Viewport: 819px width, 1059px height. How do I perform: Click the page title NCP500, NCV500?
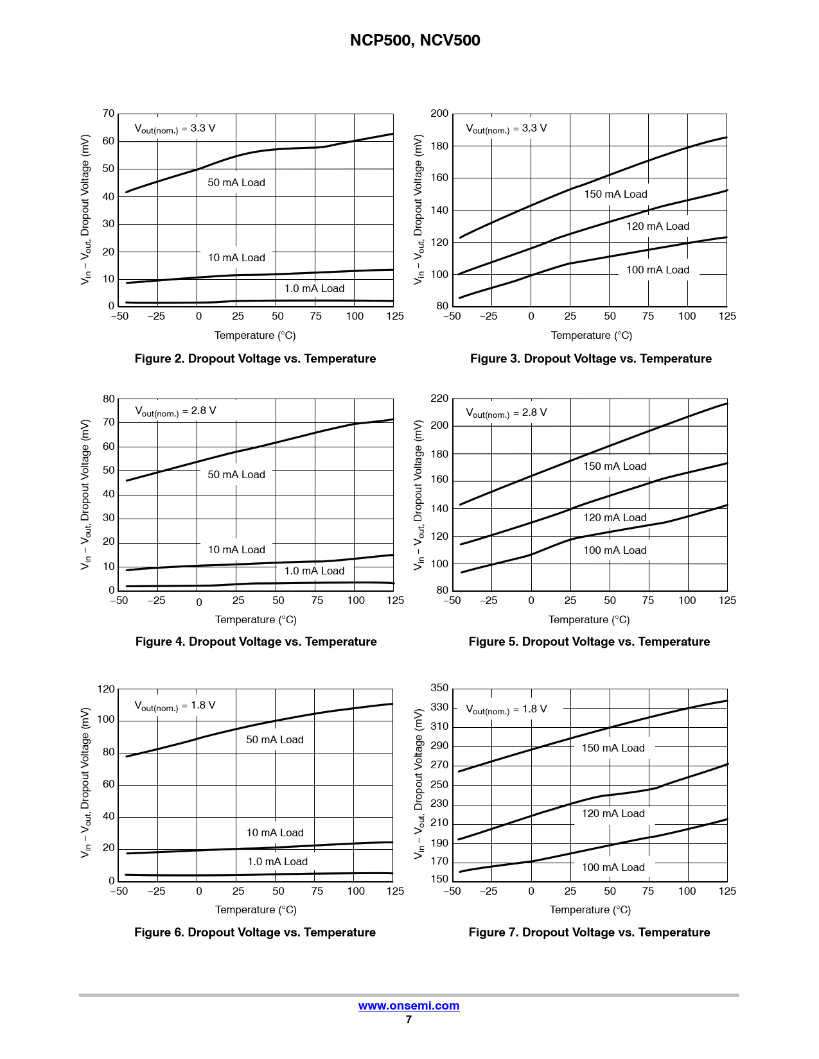click(x=415, y=40)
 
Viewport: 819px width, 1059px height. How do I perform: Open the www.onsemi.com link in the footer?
click(x=409, y=1006)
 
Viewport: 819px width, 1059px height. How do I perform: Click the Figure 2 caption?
click(x=255, y=359)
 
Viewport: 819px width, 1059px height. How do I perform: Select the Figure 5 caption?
click(x=589, y=642)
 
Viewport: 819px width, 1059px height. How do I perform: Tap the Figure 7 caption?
click(x=589, y=933)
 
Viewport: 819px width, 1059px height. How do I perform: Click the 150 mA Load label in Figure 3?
click(x=615, y=194)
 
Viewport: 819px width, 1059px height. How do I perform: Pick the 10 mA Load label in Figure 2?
click(x=236, y=258)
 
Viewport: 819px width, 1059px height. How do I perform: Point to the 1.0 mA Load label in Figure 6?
click(x=277, y=862)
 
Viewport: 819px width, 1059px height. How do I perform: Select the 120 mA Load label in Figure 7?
click(x=613, y=814)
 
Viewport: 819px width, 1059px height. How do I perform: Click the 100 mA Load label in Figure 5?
click(x=615, y=551)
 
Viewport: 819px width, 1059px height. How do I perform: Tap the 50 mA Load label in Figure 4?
click(x=236, y=475)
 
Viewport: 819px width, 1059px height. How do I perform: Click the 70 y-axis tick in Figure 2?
click(x=109, y=114)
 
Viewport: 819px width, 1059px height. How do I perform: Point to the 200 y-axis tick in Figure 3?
click(x=439, y=114)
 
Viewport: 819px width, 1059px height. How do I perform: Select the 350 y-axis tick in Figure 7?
click(x=439, y=688)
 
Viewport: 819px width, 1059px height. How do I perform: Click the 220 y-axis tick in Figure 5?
click(x=439, y=399)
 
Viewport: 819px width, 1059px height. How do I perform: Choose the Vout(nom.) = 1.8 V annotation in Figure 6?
click(x=175, y=705)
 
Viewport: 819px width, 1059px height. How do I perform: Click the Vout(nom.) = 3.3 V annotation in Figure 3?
click(x=506, y=128)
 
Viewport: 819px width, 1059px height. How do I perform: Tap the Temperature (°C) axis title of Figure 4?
click(x=256, y=620)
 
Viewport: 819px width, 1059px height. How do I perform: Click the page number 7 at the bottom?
click(x=409, y=1020)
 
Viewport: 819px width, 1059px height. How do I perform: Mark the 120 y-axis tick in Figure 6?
click(x=106, y=689)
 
